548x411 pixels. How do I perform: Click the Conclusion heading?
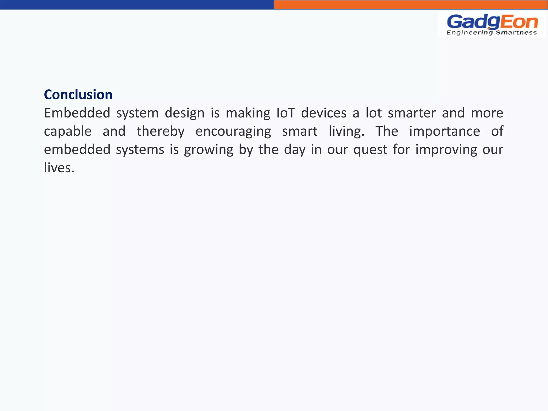click(78, 95)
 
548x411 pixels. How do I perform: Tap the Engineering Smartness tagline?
click(492, 33)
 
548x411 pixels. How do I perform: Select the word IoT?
click(286, 113)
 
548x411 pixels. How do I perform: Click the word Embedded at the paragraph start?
click(77, 113)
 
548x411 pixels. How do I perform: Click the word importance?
click(444, 131)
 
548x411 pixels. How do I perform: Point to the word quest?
click(370, 149)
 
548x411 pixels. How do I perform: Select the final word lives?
click(59, 168)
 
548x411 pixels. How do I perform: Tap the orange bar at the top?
click(411, 5)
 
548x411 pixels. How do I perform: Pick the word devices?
click(324, 113)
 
